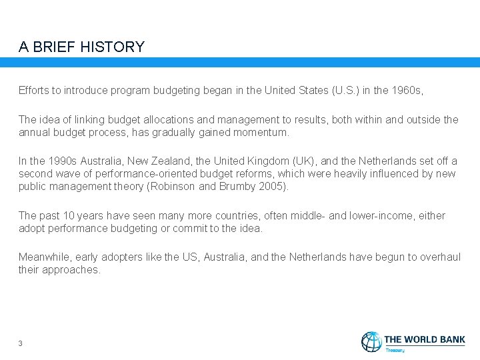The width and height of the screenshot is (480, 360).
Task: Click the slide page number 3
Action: [21, 343]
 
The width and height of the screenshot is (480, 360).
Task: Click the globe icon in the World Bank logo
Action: [371, 342]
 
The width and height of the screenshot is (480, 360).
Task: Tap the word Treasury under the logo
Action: [395, 349]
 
